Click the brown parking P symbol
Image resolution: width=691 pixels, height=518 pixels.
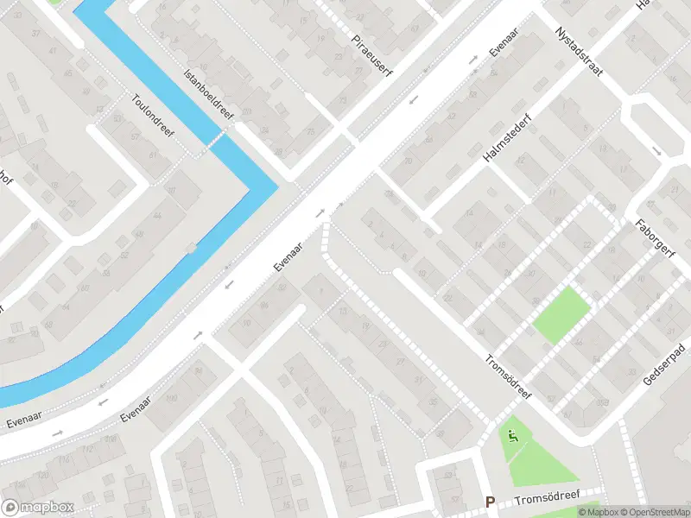pyautogui.click(x=490, y=502)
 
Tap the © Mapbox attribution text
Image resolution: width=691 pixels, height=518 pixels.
pyautogui.click(x=598, y=512)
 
